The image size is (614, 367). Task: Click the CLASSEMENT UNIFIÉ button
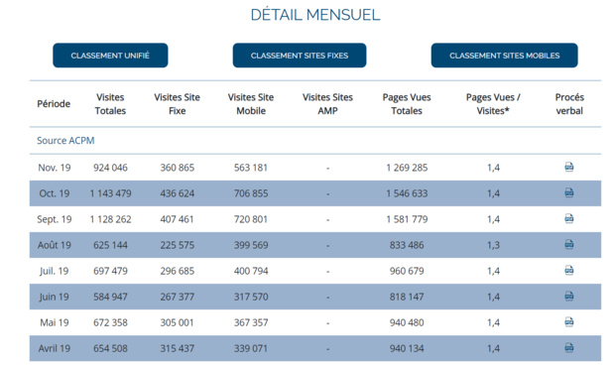[x=110, y=56]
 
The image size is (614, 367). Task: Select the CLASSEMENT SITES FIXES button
[x=300, y=56]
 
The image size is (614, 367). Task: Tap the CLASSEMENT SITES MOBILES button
[x=504, y=56]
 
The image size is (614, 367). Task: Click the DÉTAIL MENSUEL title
[x=314, y=15]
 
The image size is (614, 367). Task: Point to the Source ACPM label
[x=65, y=141]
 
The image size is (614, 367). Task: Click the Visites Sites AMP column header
[x=327, y=104]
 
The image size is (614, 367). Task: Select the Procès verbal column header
[x=569, y=104]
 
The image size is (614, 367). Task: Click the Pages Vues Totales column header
[x=407, y=104]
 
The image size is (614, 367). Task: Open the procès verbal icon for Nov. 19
[x=569, y=168]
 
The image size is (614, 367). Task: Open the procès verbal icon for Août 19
[x=569, y=244]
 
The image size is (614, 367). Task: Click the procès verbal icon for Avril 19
[x=569, y=348]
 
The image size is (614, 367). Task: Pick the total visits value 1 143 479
[x=110, y=193]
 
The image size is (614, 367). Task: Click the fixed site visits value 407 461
[x=178, y=219]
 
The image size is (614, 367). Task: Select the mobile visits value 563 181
[x=251, y=168]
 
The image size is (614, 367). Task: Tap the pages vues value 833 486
[x=407, y=245]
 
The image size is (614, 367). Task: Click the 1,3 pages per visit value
[x=493, y=245]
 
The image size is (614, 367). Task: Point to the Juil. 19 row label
[x=54, y=271]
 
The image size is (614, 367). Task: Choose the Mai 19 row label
[x=54, y=322]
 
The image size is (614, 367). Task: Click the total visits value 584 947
[x=110, y=297]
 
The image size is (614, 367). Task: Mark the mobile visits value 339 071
[x=251, y=348]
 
